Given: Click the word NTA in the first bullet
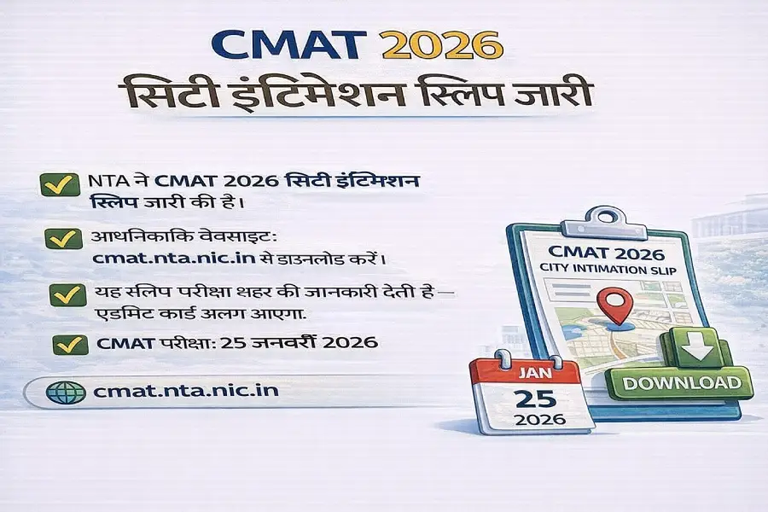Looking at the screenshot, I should point(109,182).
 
